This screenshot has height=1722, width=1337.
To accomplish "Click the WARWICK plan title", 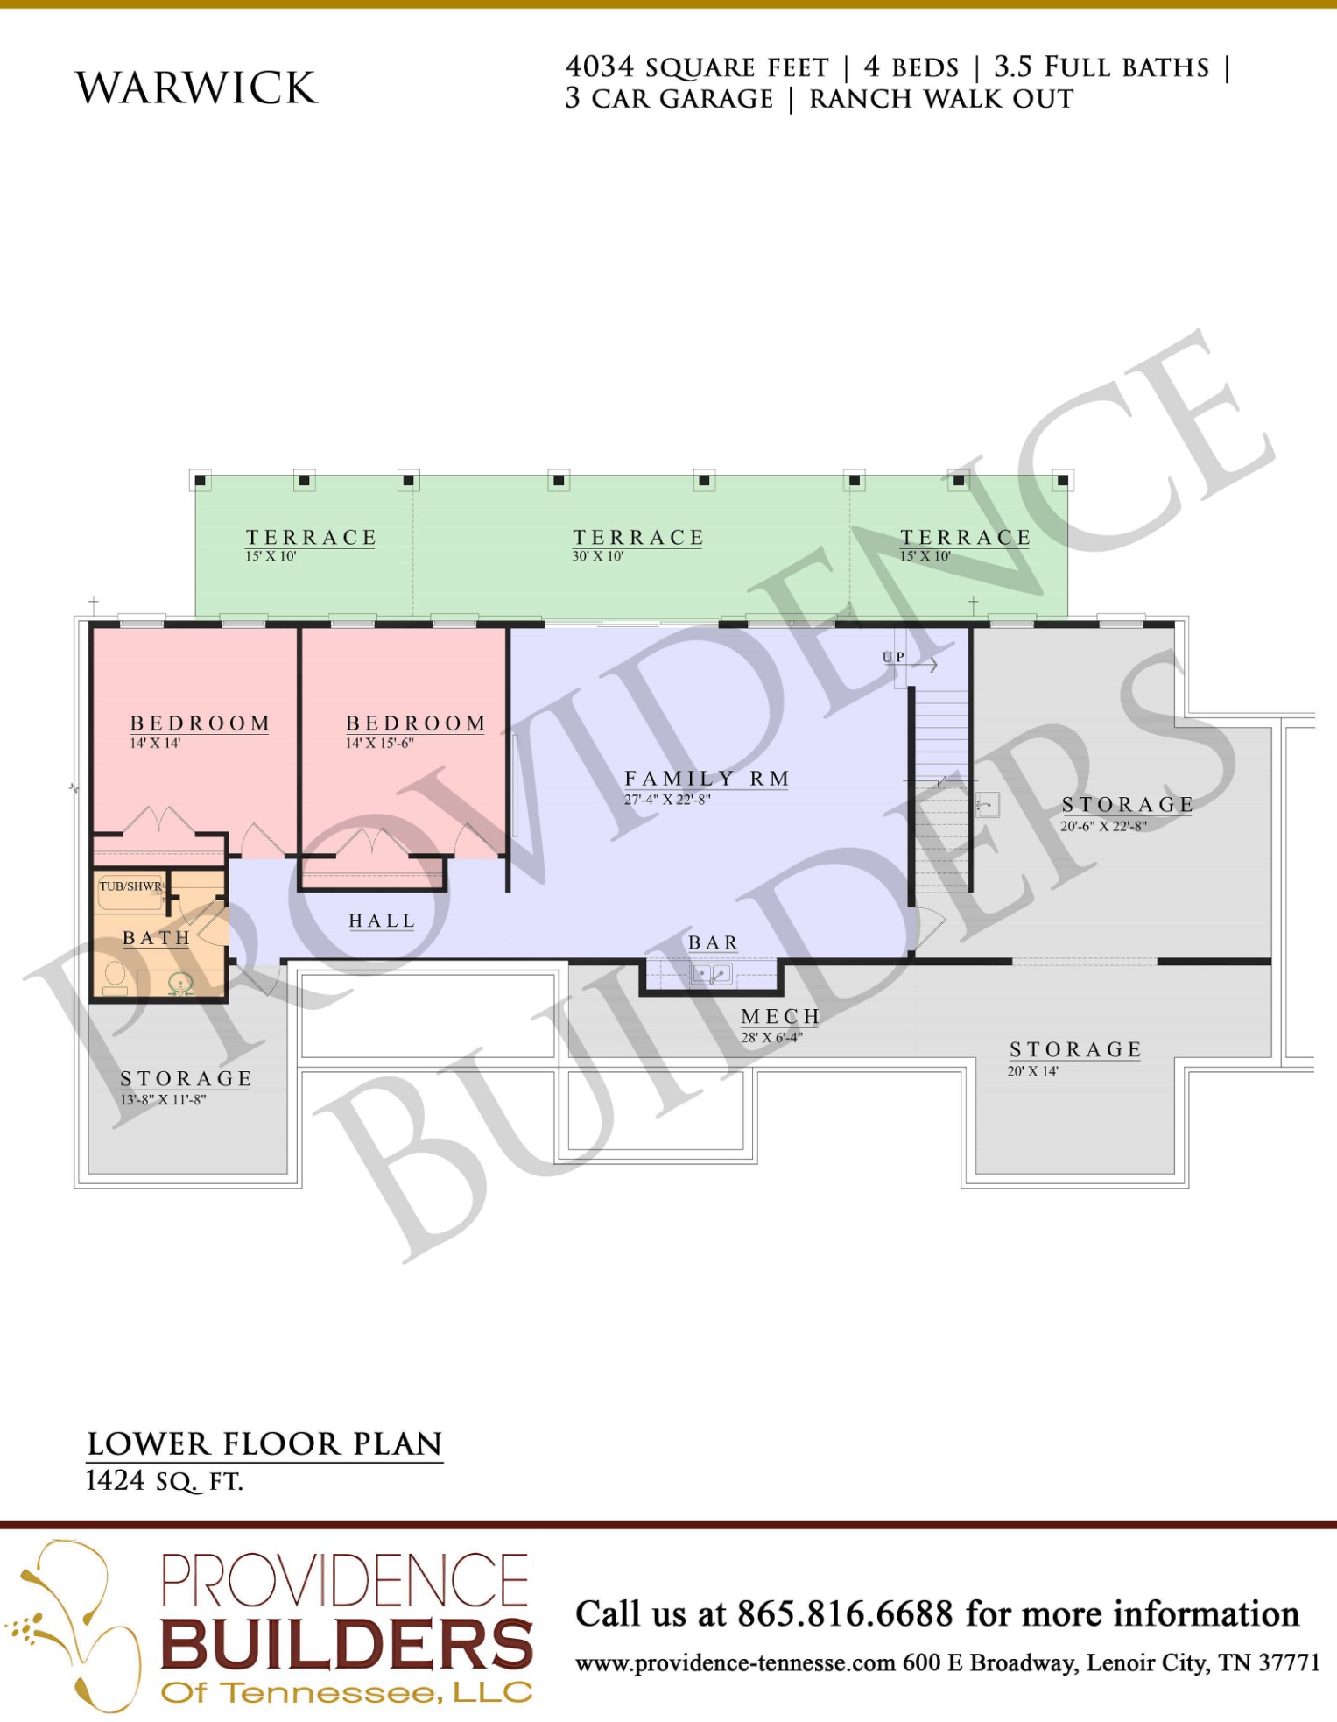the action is pos(197,88).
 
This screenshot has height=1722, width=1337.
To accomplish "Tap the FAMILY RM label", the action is pos(707,779).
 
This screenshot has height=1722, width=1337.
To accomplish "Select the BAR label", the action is pos(713,942).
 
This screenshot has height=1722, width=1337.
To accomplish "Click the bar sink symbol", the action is pos(711,973).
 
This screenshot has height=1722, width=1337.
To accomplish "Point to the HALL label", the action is pos(382,921).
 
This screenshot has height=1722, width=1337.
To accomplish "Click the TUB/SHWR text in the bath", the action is pos(130,886).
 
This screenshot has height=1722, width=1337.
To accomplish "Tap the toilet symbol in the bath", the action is pos(115,977).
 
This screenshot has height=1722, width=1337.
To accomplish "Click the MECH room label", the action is pos(780,1016).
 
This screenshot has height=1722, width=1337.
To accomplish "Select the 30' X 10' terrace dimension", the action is pos(597,556).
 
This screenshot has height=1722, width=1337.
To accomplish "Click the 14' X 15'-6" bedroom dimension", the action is pos(379,743).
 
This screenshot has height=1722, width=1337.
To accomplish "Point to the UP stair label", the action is pos(893,657).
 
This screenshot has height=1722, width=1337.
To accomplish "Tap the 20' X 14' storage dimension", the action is pos(1032,1070).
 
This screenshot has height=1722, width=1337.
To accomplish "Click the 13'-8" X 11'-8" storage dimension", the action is pos(163,1099).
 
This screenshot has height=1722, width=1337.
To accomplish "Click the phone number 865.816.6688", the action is pos(845,1613).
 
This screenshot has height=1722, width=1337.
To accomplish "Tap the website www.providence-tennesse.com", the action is pos(735,1662).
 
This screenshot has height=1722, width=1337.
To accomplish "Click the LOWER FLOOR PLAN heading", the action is pos(264,1443).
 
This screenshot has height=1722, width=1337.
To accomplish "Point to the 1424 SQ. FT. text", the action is pos(164,1480).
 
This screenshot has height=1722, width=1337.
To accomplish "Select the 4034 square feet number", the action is pos(599,67).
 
